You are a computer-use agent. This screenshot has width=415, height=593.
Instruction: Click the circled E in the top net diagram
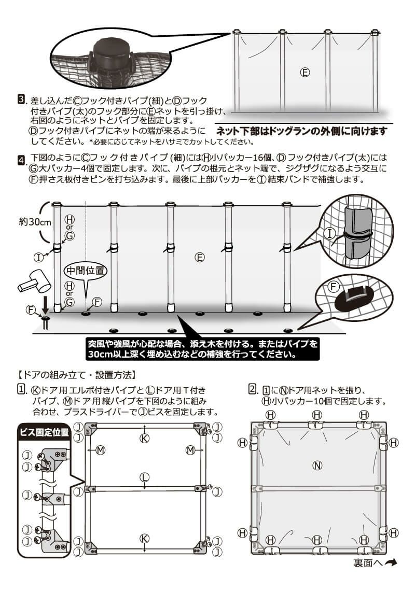[x=305, y=73]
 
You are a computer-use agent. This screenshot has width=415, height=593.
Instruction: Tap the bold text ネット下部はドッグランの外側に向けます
[x=301, y=131]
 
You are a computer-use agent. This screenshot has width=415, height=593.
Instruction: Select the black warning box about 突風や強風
[x=202, y=349]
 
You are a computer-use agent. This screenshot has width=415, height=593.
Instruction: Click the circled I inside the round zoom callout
[x=329, y=234]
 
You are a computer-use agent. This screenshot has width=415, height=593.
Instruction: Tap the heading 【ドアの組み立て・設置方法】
[x=77, y=374]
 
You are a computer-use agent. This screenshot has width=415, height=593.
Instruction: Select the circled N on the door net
[x=317, y=465]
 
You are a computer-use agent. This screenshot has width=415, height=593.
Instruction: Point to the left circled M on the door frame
[x=100, y=450]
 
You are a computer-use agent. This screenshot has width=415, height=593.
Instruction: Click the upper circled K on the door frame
[x=145, y=439]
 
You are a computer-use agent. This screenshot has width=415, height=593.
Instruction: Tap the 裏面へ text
[x=368, y=563]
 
